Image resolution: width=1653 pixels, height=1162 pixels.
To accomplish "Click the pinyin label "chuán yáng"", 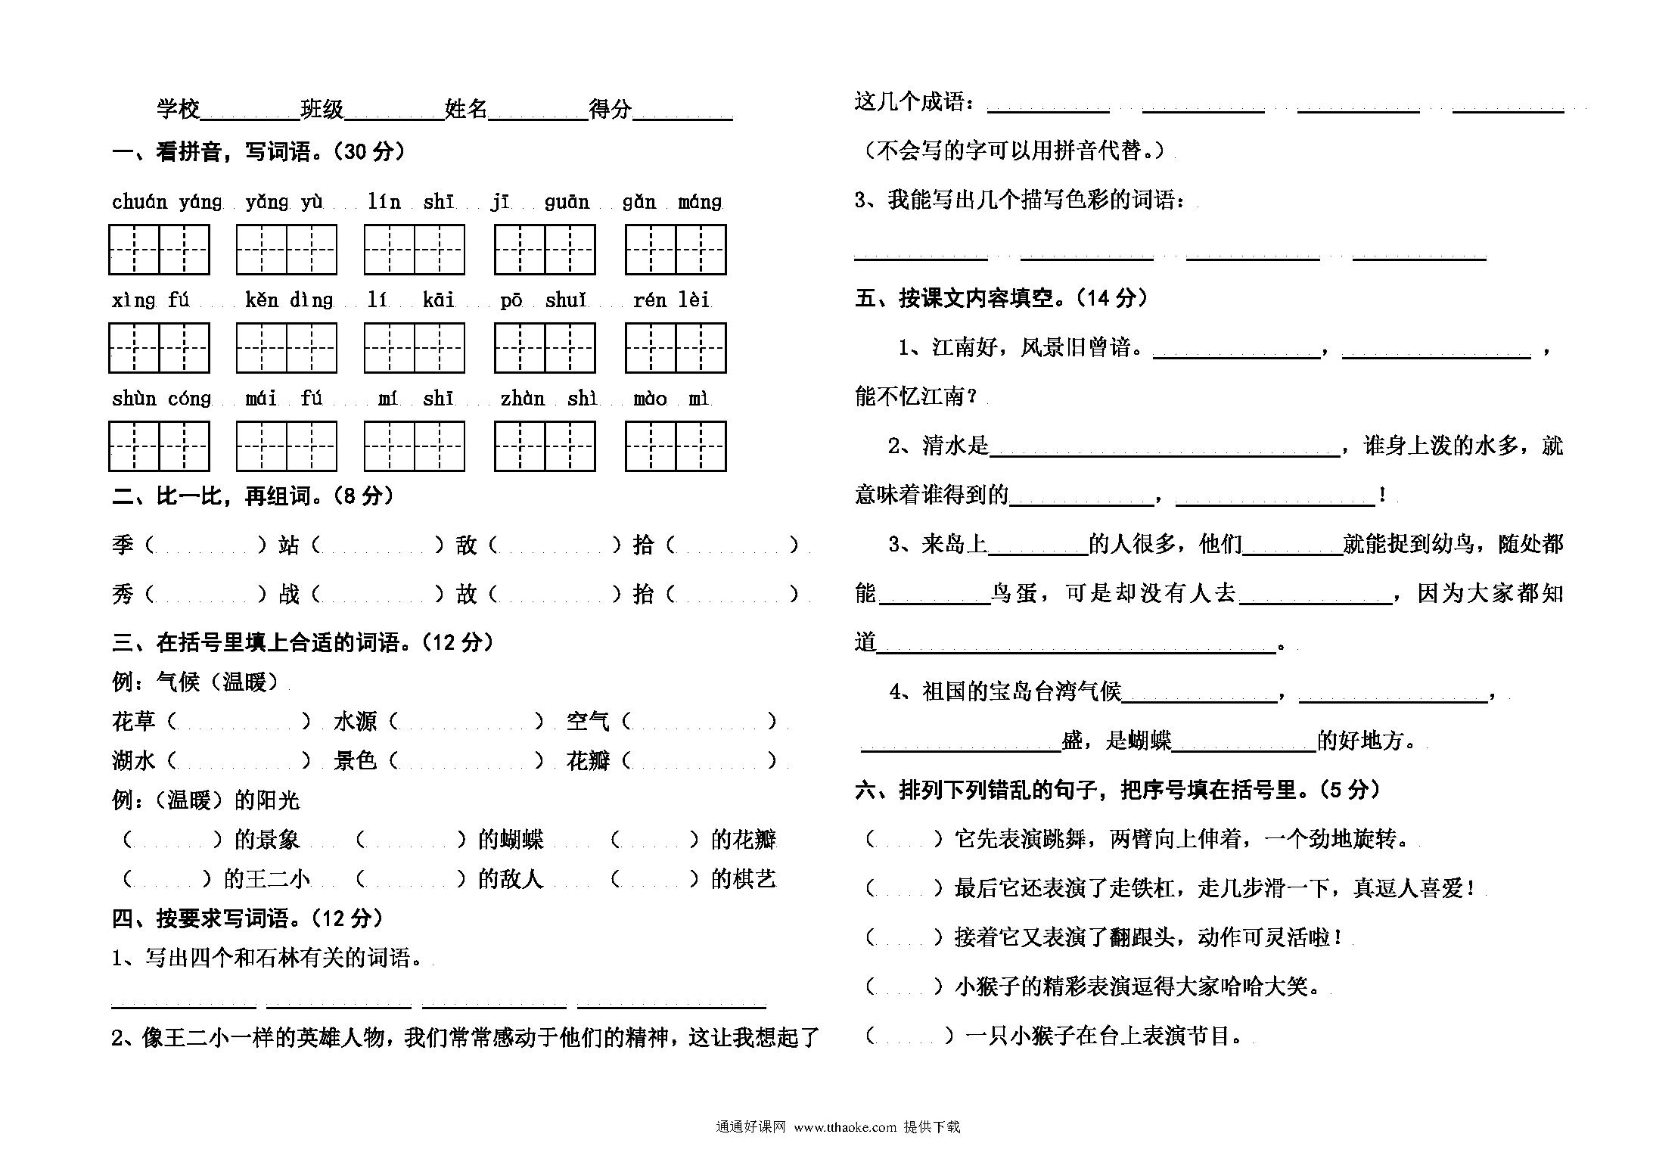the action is click(x=167, y=202).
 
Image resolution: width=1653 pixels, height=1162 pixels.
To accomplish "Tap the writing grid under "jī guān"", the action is click(x=545, y=250).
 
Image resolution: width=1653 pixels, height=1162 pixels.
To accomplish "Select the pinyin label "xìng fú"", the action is click(x=151, y=300).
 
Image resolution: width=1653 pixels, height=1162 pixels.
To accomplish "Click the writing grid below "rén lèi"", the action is click(x=676, y=348).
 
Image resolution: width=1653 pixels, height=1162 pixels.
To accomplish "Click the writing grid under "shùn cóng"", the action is click(x=159, y=446).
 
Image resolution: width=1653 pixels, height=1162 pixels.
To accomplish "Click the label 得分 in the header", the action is click(x=611, y=110).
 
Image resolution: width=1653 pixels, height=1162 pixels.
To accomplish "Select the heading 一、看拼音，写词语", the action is click(x=259, y=152).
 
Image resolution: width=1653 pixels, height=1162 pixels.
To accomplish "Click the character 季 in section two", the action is click(x=123, y=545).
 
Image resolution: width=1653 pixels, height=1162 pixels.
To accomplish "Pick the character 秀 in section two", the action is click(x=123, y=594).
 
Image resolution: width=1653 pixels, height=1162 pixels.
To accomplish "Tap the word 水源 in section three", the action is click(x=355, y=722).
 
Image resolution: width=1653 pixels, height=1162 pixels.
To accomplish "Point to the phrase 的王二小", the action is click(x=267, y=879).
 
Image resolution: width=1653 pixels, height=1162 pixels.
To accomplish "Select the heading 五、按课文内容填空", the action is click(x=1000, y=299).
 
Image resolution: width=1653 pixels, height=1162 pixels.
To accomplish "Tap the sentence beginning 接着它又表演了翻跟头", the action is click(x=1149, y=938).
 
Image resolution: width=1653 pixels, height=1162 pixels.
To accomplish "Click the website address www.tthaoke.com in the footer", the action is click(x=845, y=1127).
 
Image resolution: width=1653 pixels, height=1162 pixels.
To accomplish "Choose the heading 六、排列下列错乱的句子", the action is click(x=1117, y=791).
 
